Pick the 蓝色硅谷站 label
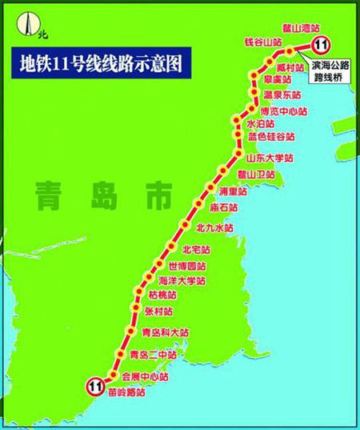[x=273, y=137]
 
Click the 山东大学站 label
[x=269, y=159]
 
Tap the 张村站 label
[x=158, y=311]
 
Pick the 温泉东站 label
[x=281, y=95]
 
